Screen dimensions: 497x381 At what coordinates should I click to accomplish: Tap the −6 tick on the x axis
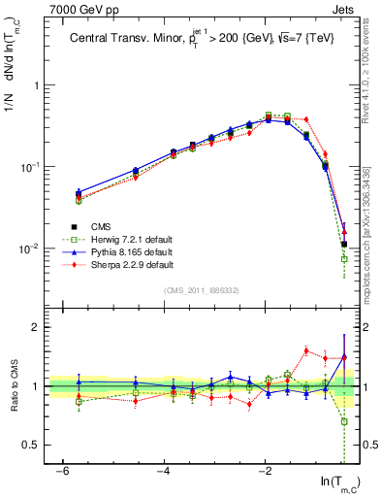[61, 472]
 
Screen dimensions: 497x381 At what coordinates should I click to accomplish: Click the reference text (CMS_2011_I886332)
[201, 290]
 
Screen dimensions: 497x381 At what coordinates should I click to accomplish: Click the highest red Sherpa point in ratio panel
[306, 350]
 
